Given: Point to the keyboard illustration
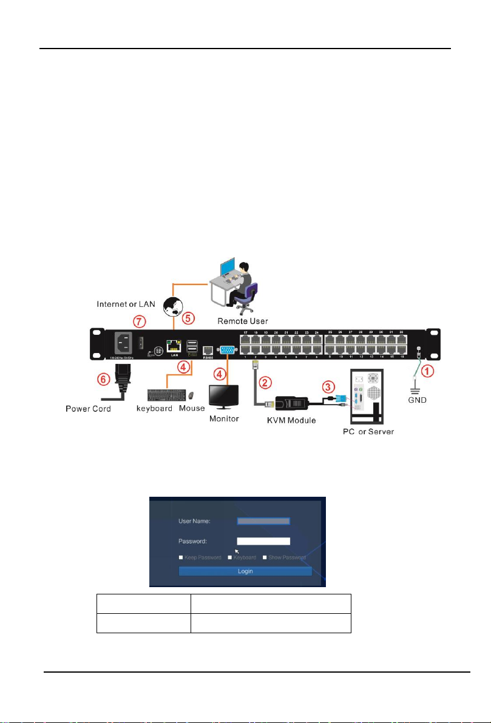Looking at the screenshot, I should (167, 395).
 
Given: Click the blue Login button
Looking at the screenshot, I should (245, 571).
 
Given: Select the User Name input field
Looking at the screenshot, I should (264, 520).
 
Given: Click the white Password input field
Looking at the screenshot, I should (264, 541).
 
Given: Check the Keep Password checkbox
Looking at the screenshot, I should (180, 557).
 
